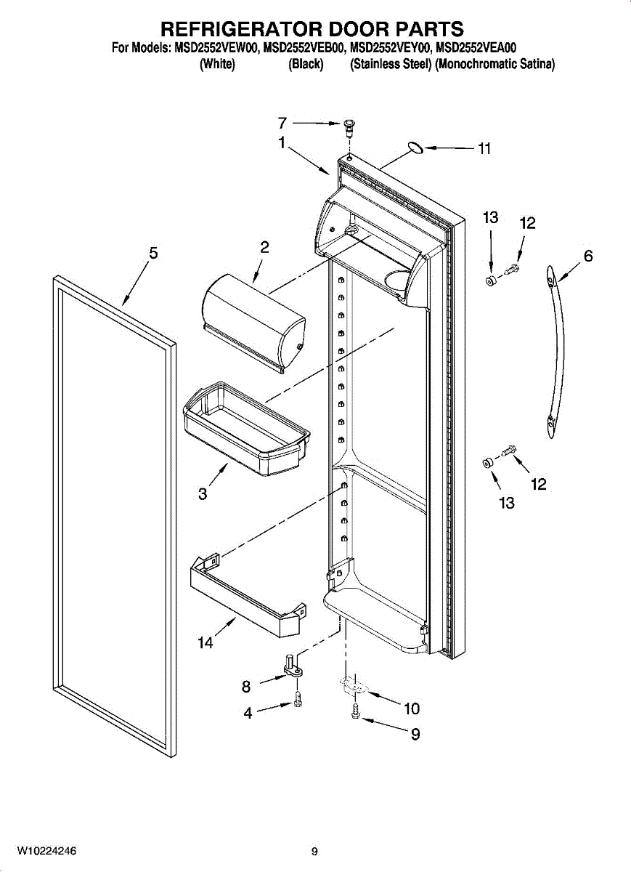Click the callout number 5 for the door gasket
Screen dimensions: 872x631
point(153,253)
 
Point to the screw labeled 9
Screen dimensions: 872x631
point(354,714)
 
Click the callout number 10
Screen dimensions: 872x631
point(412,708)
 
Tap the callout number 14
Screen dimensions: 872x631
point(205,642)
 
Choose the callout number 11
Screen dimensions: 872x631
point(484,149)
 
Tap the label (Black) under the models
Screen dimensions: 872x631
point(305,65)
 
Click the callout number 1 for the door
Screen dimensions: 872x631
point(281,143)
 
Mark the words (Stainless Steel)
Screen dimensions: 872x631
point(391,65)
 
